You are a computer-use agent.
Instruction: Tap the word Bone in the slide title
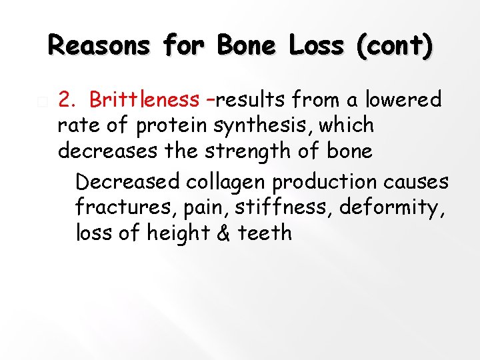(248, 45)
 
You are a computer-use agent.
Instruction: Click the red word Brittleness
(143, 99)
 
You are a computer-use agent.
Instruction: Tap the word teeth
(263, 233)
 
